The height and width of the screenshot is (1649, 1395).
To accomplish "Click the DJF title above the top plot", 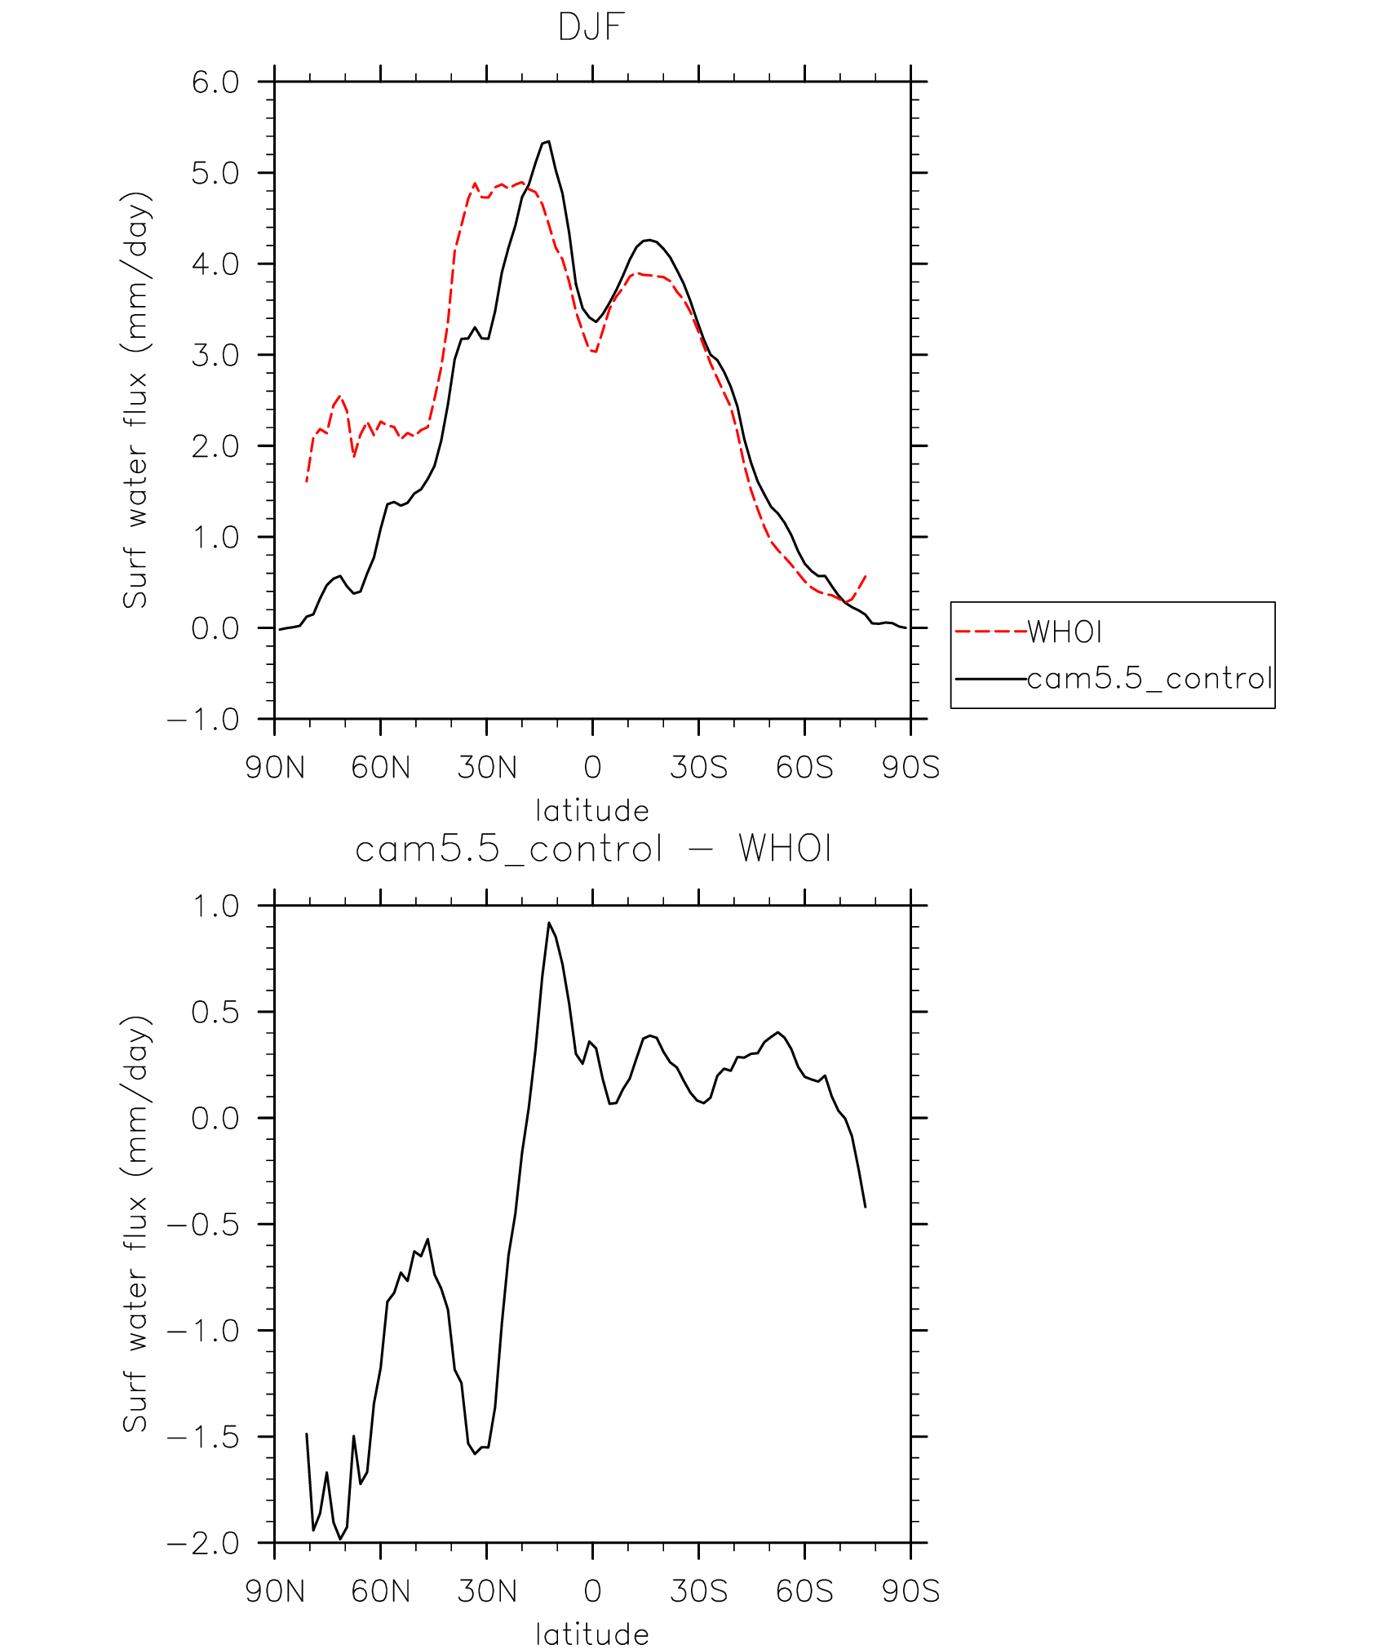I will coord(591,28).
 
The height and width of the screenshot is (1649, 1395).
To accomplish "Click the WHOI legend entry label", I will coord(1064,632).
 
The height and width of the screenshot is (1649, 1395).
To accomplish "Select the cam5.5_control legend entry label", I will coord(1149,678).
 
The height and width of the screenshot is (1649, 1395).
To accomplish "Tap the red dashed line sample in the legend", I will coord(990,632).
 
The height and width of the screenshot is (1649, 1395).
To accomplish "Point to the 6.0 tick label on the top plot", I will coord(215,82).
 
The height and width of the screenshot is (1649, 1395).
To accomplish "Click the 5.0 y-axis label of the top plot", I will coord(215,173).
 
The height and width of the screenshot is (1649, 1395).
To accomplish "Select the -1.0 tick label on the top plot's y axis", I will coord(204,720).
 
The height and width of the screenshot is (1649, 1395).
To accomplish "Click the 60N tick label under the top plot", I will coord(380,768).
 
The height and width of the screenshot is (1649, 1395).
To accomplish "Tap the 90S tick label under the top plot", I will coord(910,768).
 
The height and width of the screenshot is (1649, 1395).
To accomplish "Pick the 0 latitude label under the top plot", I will coord(592,768).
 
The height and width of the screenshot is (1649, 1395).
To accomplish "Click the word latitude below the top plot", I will coord(592,811).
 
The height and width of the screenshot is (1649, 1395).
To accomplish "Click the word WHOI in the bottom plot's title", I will coord(785,849).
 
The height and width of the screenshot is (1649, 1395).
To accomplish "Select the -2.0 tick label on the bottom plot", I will coord(204,1543).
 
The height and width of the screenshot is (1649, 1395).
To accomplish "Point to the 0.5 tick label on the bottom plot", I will coord(215,1013).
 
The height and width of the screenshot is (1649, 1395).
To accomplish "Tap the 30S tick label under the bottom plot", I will coord(698,1591).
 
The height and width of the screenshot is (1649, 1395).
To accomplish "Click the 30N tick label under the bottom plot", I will coord(487,1591).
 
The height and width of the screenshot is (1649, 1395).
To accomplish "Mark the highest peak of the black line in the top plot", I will coord(548,141).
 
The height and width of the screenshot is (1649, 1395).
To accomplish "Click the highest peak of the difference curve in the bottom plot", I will coord(549,923).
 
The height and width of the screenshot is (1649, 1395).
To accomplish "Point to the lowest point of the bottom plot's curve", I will coord(340,1538).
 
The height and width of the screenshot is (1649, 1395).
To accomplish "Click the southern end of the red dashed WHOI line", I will coord(866,575).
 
